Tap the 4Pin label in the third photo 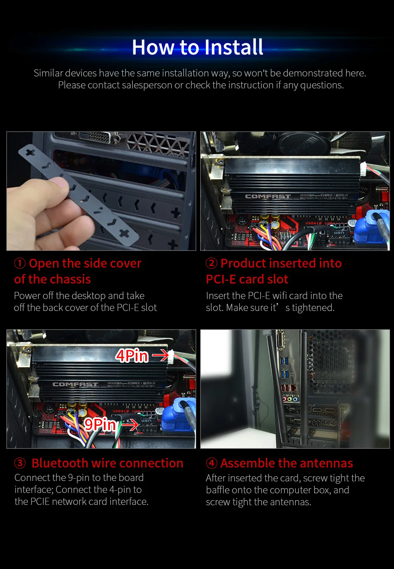[x=132, y=356]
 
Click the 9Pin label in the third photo [x=99, y=424]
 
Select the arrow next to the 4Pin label [x=161, y=355]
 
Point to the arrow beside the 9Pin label [x=130, y=425]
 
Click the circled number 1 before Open [x=20, y=263]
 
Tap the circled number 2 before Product [x=211, y=263]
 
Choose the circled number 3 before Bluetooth [x=20, y=463]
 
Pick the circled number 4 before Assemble [x=211, y=463]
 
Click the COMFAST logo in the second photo [x=267, y=196]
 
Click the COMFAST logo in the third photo [x=75, y=384]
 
